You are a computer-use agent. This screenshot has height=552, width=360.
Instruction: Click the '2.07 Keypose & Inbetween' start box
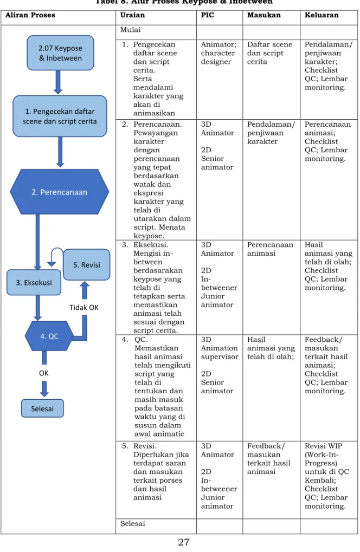(x=60, y=53)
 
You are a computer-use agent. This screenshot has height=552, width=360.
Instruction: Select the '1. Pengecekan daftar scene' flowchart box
(x=60, y=116)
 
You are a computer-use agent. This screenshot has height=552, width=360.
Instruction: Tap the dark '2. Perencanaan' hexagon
(x=60, y=192)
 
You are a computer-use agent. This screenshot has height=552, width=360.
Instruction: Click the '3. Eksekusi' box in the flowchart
(x=34, y=282)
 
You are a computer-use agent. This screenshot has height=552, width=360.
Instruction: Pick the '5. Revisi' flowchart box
(x=87, y=265)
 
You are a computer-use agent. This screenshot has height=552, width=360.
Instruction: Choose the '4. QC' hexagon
(x=49, y=336)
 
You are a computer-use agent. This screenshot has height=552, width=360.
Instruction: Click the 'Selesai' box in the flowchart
(x=42, y=408)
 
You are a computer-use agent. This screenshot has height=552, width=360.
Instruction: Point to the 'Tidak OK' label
(x=84, y=307)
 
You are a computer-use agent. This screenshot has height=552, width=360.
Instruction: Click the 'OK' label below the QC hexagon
(x=44, y=373)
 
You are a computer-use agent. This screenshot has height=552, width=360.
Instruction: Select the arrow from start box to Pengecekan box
(x=58, y=82)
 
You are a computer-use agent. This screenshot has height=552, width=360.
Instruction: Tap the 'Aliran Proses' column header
(x=30, y=15)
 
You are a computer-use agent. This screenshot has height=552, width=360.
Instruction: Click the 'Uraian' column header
(x=132, y=15)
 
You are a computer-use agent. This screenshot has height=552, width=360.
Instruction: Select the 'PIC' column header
(x=208, y=15)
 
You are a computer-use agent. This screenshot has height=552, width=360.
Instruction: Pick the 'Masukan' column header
(x=264, y=15)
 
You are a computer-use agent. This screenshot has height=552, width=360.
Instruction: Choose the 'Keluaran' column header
(x=322, y=15)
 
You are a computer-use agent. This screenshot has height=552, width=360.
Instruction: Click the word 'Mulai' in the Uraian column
(x=130, y=30)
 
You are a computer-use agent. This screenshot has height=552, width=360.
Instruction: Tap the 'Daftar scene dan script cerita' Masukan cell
(x=269, y=53)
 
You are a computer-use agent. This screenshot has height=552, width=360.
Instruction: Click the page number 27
(x=183, y=542)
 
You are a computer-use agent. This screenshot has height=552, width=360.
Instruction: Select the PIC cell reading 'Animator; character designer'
(x=218, y=53)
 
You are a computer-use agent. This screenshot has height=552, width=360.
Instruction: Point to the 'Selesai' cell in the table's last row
(x=132, y=523)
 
